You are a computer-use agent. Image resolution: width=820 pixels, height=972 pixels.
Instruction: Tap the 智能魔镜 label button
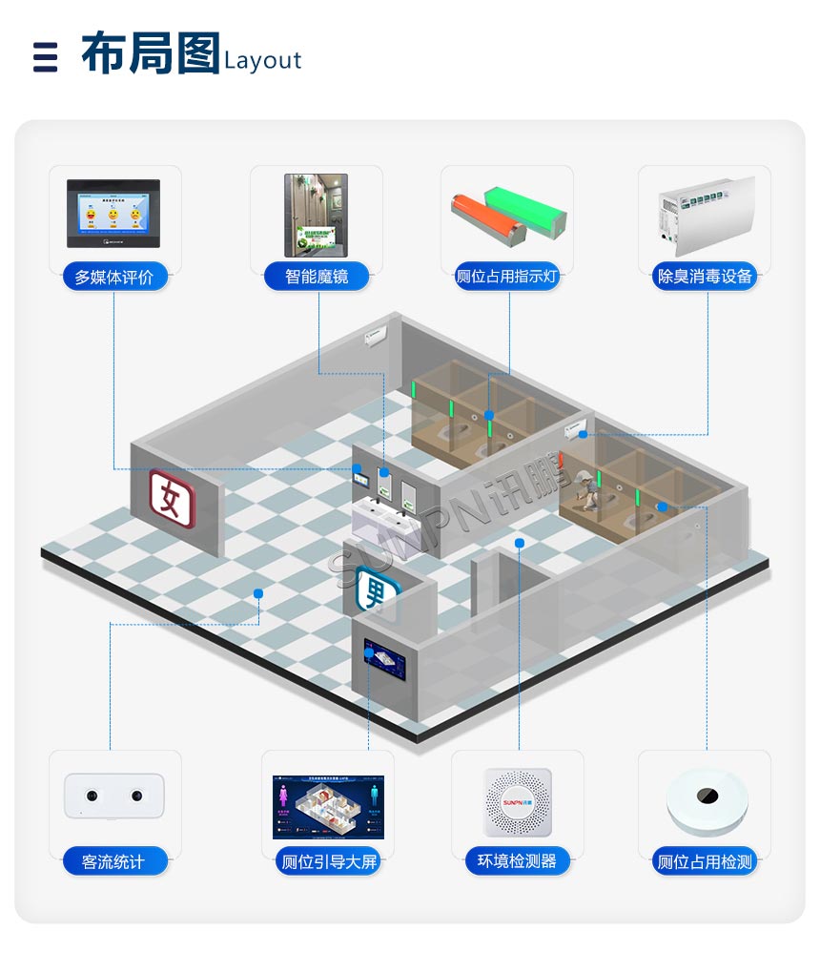pyautogui.click(x=317, y=278)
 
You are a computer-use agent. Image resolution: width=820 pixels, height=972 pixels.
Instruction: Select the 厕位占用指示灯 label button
pyautogui.click(x=507, y=278)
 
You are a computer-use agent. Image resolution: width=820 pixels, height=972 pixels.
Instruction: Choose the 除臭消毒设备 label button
pyautogui.click(x=706, y=278)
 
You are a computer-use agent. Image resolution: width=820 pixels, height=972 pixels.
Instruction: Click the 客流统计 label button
pyautogui.click(x=113, y=862)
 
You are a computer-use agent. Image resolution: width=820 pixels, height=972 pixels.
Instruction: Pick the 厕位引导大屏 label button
pyautogui.click(x=329, y=862)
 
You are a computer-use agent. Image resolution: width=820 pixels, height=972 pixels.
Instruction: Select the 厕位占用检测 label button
pyautogui.click(x=705, y=862)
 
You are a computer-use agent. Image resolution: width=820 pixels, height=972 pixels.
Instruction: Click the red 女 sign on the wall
pyautogui.click(x=171, y=499)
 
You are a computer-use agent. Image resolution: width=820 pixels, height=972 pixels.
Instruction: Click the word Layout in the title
pyautogui.click(x=262, y=60)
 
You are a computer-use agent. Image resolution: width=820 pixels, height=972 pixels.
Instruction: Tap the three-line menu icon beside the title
pyautogui.click(x=45, y=56)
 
